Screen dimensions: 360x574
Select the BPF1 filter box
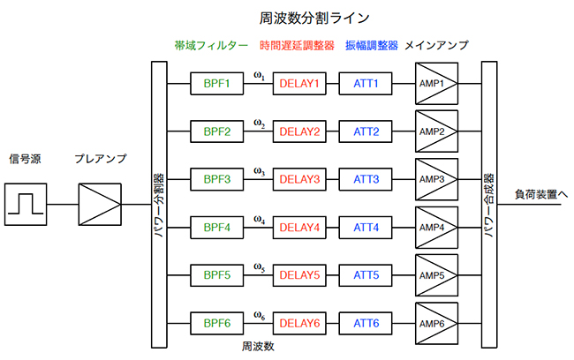tap(216, 85)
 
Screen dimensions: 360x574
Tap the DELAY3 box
tap(299, 180)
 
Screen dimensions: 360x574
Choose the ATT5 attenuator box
tap(366, 275)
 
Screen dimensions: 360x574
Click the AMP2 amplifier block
tap(436, 132)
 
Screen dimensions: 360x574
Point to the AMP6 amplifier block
tap(436, 323)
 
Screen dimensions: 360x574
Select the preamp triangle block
tap(101, 205)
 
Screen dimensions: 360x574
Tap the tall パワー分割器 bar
tap(160, 205)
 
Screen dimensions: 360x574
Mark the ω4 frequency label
tap(259, 218)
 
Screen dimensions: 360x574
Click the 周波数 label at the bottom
tap(258, 347)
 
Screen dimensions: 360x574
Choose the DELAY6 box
tap(299, 323)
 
